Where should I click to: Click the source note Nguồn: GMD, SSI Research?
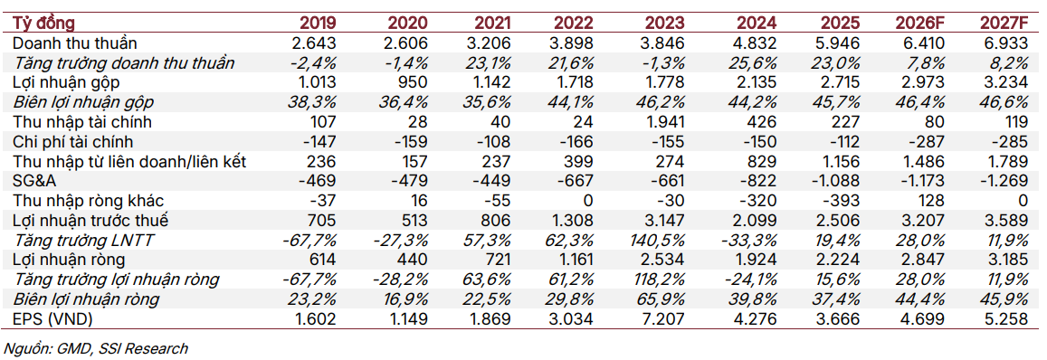click(x=97, y=348)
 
